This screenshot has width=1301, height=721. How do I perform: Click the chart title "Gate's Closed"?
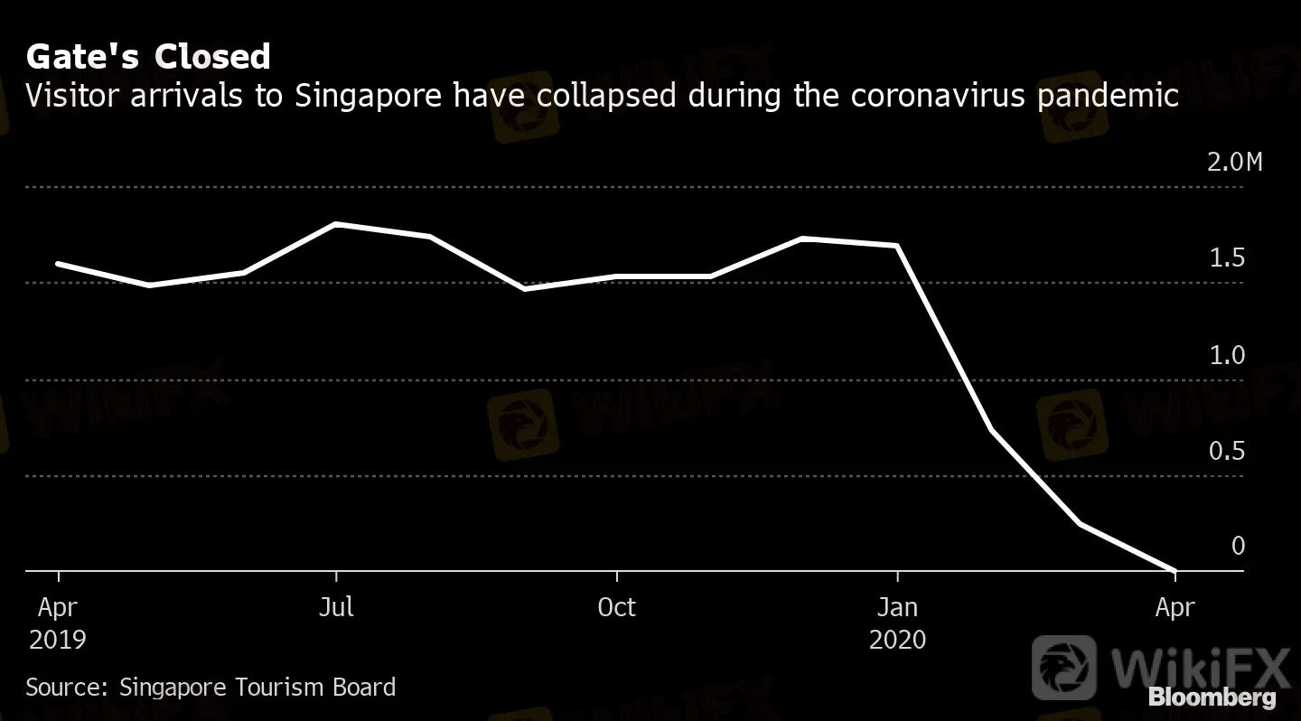point(148,57)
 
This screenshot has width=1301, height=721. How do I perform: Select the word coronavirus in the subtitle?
point(955,95)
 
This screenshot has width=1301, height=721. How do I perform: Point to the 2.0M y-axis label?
point(1234,164)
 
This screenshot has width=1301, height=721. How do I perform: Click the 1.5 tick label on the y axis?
point(1227,259)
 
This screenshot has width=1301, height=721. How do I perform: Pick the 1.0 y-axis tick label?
point(1227,356)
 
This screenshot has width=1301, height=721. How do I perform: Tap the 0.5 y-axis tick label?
point(1227,452)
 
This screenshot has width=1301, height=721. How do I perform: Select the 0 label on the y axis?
point(1238,547)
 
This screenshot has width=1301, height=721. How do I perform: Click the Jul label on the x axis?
point(336,607)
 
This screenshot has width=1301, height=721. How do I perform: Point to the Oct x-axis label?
point(616,607)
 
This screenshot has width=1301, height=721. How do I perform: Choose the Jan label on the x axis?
point(897,607)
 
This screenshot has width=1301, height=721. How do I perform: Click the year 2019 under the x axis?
point(58,641)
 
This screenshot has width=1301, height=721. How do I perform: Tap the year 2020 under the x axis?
point(897,641)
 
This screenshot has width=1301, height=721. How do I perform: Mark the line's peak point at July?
point(336,223)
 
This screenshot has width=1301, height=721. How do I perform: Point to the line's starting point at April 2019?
point(58,263)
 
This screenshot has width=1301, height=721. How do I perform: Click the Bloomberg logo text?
point(1212,698)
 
